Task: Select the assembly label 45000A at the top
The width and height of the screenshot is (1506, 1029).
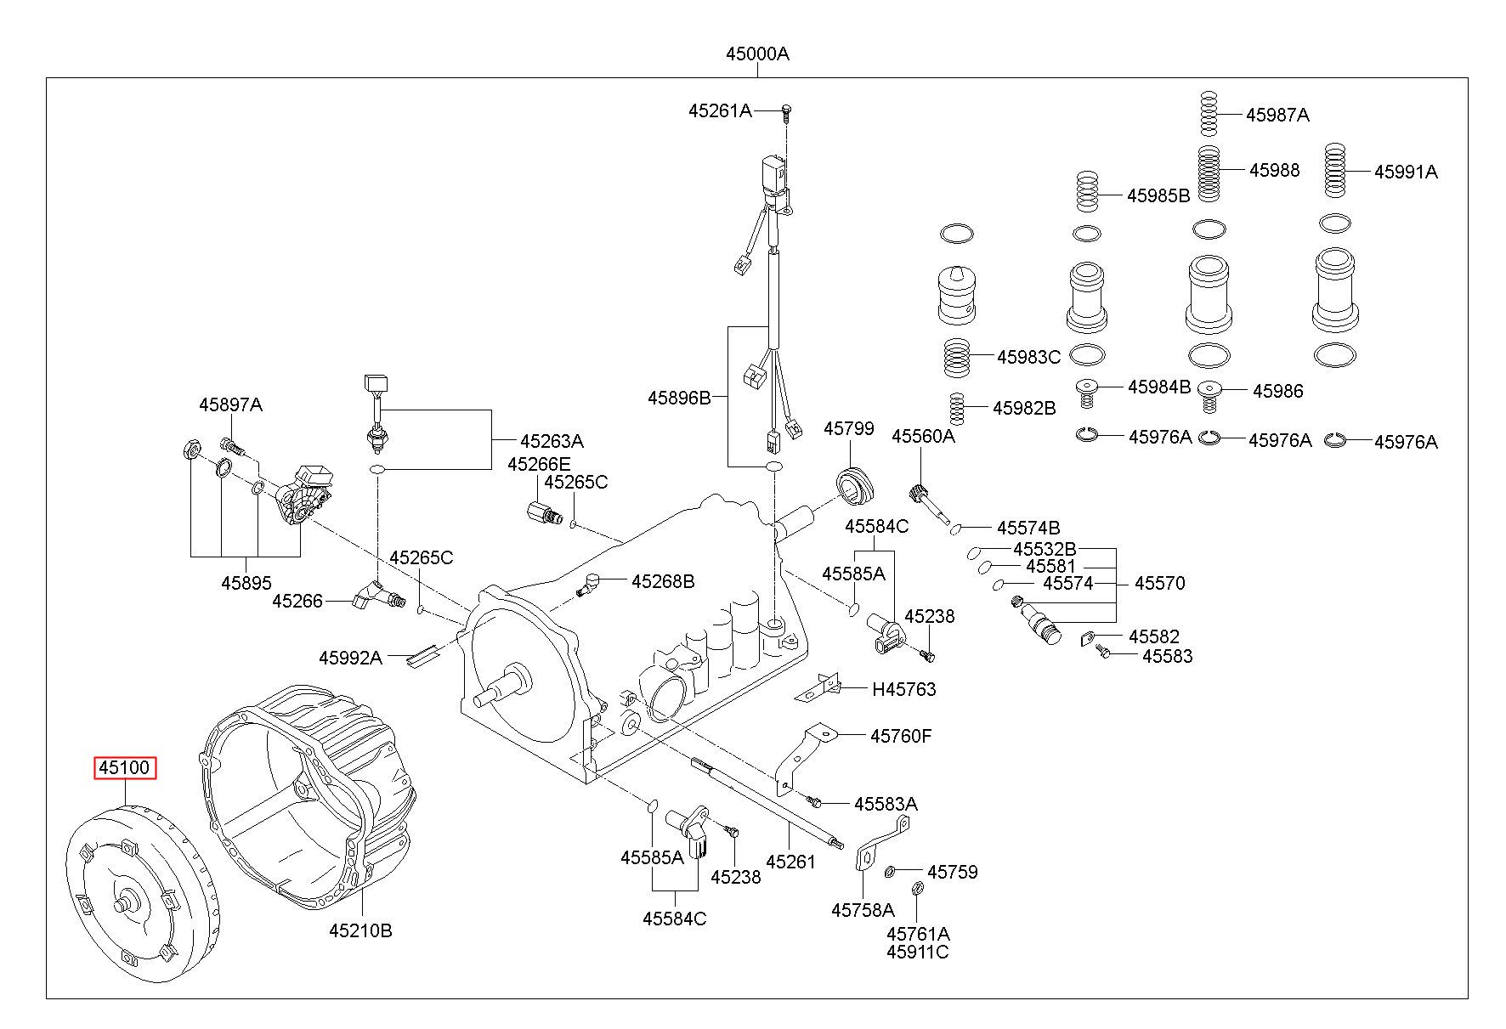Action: pos(757,54)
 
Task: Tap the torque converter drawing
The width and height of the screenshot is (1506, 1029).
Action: pos(142,895)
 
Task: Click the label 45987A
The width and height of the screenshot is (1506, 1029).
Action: pos(1277,116)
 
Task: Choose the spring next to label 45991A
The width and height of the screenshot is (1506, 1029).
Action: pos(1337,172)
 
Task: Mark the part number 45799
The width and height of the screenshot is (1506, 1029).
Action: pos(848,429)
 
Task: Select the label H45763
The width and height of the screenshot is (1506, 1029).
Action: pos(904,689)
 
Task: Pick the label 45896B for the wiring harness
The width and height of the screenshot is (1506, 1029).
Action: pos(679,398)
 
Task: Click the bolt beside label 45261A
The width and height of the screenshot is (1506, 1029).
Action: pos(786,110)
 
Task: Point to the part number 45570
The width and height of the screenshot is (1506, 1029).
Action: pos(1160,583)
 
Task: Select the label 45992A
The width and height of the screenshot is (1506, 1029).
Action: pos(350,657)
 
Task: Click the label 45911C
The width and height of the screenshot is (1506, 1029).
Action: pos(918,952)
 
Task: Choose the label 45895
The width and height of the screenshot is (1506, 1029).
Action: pos(246,583)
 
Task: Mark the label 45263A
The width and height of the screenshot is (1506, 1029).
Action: pos(552,442)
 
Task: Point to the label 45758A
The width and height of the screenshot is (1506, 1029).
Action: pos(863,910)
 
